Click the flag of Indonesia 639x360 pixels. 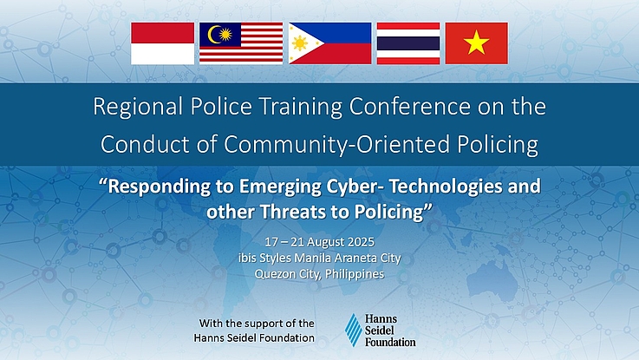[x=163, y=43]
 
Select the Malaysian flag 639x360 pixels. [x=241, y=43]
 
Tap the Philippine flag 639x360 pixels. [x=330, y=43]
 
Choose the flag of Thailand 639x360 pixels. [x=408, y=43]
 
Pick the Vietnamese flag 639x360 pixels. [x=476, y=43]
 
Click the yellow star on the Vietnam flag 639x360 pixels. [x=476, y=43]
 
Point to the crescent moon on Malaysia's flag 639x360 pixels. [x=213, y=35]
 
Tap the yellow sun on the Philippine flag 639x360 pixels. [x=299, y=43]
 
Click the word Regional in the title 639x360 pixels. [x=138, y=108]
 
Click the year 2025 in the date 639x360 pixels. [x=361, y=242]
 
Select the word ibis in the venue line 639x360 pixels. [x=247, y=259]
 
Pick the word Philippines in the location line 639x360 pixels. [x=355, y=274]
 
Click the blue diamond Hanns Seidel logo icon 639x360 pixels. [x=354, y=330]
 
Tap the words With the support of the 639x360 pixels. [x=257, y=324]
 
